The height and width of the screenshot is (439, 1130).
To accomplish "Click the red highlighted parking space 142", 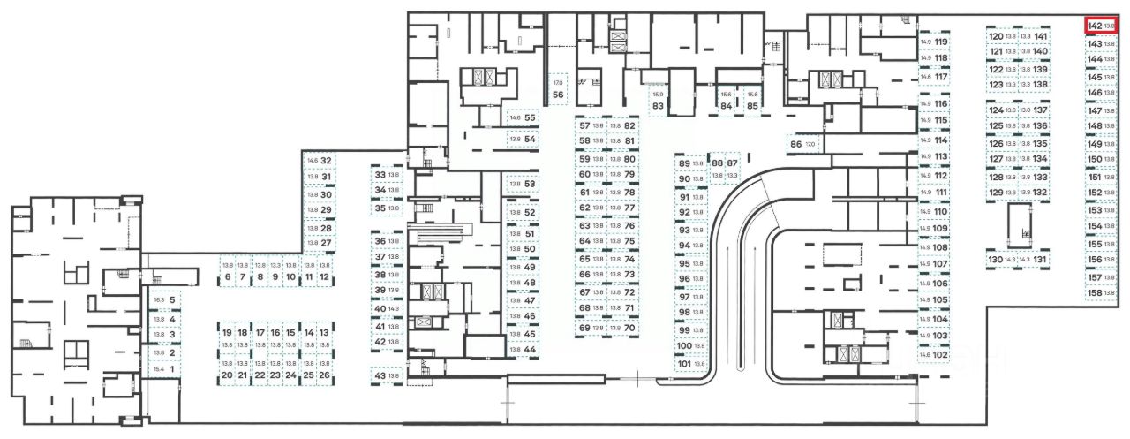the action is [1102, 26].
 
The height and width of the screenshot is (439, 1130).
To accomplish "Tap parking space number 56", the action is [558, 89].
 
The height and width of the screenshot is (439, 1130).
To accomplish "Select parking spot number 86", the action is [802, 143].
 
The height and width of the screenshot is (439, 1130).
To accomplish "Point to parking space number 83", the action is [658, 100].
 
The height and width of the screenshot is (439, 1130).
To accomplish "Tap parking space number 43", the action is [387, 376].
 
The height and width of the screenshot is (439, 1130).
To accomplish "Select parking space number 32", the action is [319, 161].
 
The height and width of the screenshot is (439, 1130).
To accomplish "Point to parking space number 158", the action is [1101, 292].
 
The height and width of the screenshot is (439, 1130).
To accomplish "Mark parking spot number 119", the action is [934, 42].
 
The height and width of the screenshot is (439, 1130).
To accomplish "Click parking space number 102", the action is [933, 354].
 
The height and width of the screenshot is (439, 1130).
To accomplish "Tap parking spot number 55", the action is [523, 117].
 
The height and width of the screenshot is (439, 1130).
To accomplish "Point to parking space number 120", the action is [1001, 37].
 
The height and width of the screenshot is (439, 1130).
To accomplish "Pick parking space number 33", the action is [387, 175].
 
